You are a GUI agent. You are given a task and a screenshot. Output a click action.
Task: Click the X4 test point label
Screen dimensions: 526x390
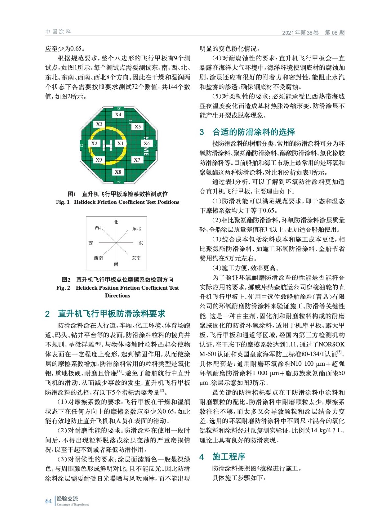pyautogui.click(x=118, y=115)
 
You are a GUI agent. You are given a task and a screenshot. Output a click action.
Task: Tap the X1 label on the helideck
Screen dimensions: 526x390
pyautogui.click(x=120, y=143)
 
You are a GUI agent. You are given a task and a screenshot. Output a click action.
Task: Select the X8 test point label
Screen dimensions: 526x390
pyautogui.click(x=118, y=172)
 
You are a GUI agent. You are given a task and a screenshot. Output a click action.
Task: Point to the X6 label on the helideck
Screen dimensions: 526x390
pyautogui.click(x=147, y=143)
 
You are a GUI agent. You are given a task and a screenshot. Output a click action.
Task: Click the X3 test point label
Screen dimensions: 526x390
pyautogui.click(x=99, y=124)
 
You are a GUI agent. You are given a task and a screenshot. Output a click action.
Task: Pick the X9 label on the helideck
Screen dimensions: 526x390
pyautogui.click(x=99, y=160)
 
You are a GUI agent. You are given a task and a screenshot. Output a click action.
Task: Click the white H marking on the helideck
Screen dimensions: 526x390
pyautogui.click(x=107, y=144)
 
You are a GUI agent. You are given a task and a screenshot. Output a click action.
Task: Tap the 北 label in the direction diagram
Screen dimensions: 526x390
pyautogui.click(x=116, y=222)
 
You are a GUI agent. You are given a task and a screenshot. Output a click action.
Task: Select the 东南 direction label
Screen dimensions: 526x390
pyautogui.click(x=136, y=258)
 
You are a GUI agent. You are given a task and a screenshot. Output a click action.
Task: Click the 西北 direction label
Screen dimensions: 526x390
pyautogui.click(x=99, y=228)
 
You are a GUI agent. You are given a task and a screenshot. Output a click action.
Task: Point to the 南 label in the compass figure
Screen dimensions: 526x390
pyautogui.click(x=116, y=264)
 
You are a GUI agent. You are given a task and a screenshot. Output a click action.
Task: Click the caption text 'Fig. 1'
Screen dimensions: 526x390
pyautogui.click(x=62, y=202)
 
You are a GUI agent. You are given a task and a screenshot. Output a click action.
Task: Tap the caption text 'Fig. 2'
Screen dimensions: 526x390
pyautogui.click(x=63, y=288)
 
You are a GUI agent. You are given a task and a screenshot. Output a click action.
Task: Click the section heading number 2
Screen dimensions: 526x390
pyautogui.click(x=47, y=314)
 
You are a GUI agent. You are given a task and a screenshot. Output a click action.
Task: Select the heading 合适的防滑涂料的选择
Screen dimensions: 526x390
pyautogui.click(x=254, y=132)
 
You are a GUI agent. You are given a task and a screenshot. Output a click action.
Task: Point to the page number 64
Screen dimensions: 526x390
pyautogui.click(x=48, y=501)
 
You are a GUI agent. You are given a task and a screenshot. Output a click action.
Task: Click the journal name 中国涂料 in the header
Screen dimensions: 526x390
pyautogui.click(x=58, y=32)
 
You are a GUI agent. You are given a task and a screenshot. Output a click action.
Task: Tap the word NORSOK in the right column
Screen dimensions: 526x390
pyautogui.click(x=332, y=344)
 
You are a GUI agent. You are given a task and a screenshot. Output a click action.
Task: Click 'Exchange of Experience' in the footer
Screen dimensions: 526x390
pyautogui.click(x=73, y=504)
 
